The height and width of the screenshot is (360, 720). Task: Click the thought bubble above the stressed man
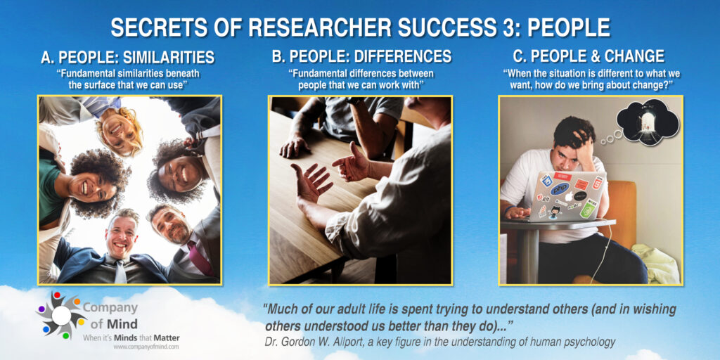pos(647,122)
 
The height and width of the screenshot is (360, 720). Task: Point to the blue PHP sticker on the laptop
pos(560,188)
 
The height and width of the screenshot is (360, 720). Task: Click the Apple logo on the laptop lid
pos(568,197)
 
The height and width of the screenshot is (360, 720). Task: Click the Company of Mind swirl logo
pos(62,315)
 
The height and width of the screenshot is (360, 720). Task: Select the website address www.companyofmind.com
pos(146,347)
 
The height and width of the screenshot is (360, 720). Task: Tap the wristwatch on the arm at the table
pos(353,101)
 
